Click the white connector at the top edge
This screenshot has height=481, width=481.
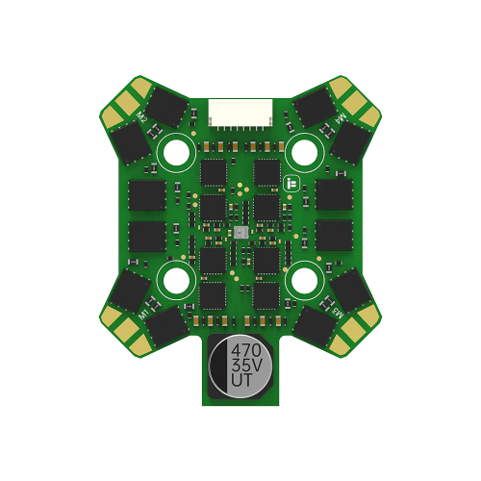240,114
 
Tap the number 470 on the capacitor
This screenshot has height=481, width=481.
246,350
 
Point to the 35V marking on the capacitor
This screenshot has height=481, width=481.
247,366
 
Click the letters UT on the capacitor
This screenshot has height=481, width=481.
242,380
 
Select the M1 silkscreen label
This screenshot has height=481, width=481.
143,315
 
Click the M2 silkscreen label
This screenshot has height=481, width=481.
141,117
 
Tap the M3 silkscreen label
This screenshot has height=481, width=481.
338,313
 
